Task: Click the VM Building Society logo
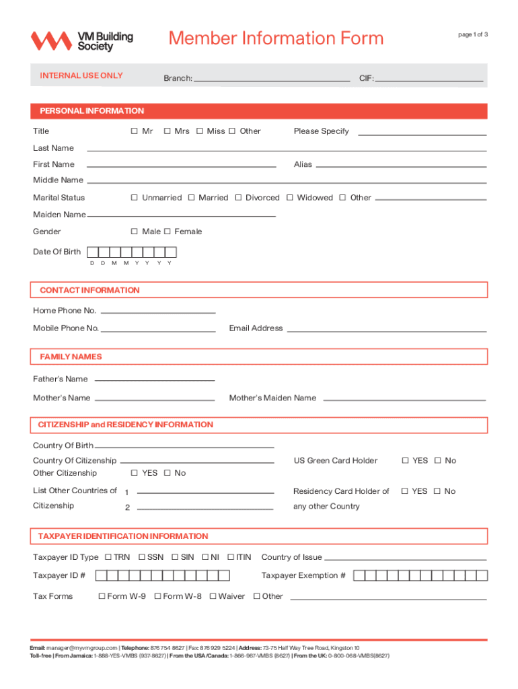pyautogui.click(x=81, y=41)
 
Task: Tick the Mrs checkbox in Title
pyautogui.click(x=168, y=131)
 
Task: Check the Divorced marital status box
pyautogui.click(x=238, y=198)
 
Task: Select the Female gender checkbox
pyautogui.click(x=168, y=231)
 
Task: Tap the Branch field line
pyautogui.click(x=272, y=79)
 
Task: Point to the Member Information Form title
pyautogui.click(x=276, y=38)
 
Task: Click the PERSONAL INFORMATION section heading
pyautogui.click(x=92, y=111)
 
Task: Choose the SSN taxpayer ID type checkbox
pyautogui.click(x=142, y=557)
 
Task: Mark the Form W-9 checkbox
pyautogui.click(x=102, y=596)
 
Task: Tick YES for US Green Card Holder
pyautogui.click(x=406, y=461)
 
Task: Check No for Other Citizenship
pyautogui.click(x=168, y=473)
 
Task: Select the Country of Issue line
pyautogui.click(x=405, y=558)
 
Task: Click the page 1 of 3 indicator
pyautogui.click(x=473, y=35)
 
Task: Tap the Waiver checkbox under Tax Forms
pyautogui.click(x=213, y=596)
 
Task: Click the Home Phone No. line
pyautogui.click(x=157, y=312)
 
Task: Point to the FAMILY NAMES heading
pyautogui.click(x=71, y=357)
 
